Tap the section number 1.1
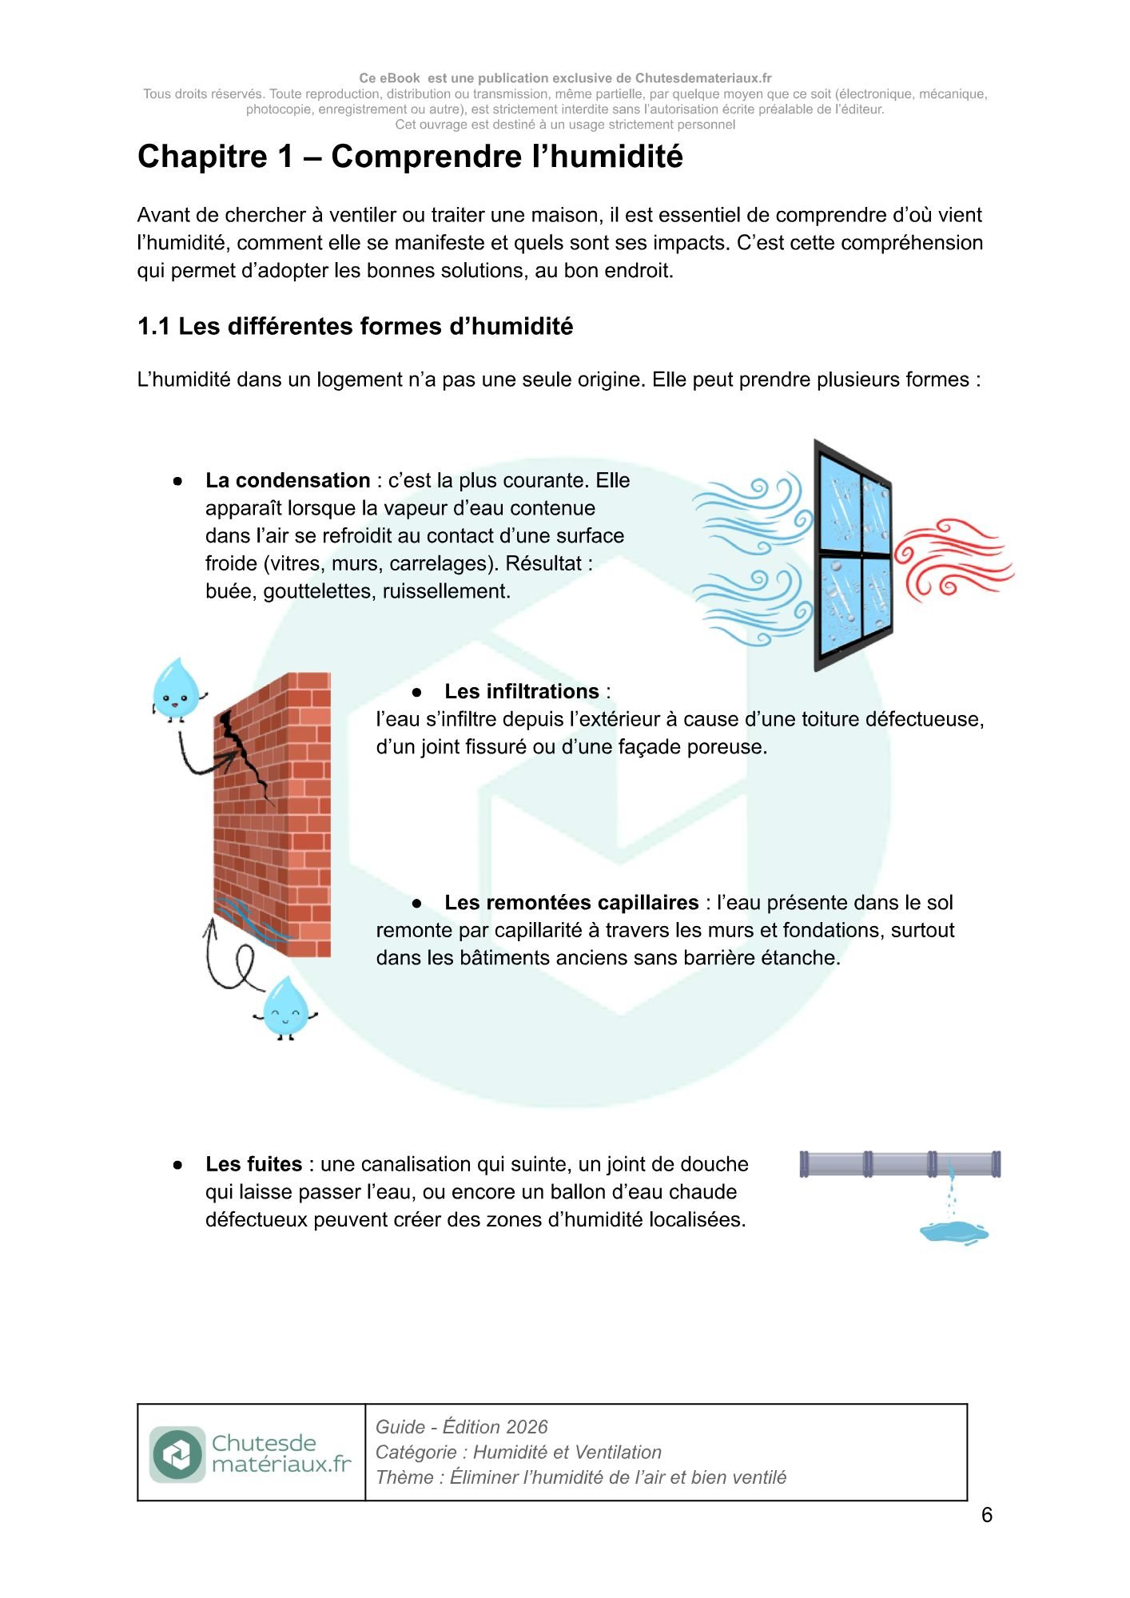click(153, 327)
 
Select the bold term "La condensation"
click(287, 481)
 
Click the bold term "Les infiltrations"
click(521, 692)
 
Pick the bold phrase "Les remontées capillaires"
click(571, 903)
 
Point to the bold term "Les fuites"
click(253, 1165)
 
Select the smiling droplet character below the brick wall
click(286, 1007)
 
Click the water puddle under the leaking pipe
click(953, 1233)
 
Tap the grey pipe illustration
click(899, 1164)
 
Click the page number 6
click(987, 1516)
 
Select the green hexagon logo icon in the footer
click(177, 1454)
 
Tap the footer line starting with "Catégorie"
click(518, 1453)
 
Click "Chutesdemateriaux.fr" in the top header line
click(702, 78)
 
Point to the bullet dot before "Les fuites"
click(177, 1166)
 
